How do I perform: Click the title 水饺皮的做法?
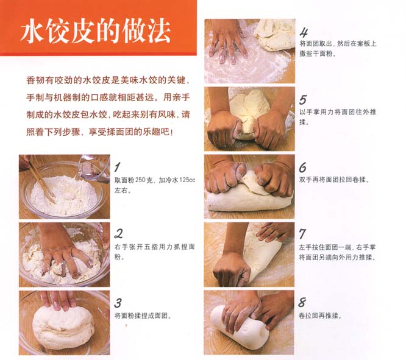click(95, 31)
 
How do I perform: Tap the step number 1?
click(118, 167)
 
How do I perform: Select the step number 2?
click(119, 234)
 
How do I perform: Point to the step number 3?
click(118, 303)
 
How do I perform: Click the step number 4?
click(304, 32)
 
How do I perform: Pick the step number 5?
click(303, 100)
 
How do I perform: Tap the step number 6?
click(303, 168)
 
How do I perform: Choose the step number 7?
click(303, 235)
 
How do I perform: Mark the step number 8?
click(302, 302)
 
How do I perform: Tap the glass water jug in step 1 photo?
click(94, 169)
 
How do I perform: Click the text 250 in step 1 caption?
click(141, 180)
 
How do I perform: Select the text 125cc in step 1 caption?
click(187, 180)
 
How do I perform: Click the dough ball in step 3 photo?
click(63, 327)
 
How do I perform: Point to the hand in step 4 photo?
click(228, 43)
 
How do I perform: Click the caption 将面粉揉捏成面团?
click(143, 316)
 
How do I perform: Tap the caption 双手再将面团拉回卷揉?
click(334, 180)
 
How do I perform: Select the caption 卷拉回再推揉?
click(320, 316)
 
